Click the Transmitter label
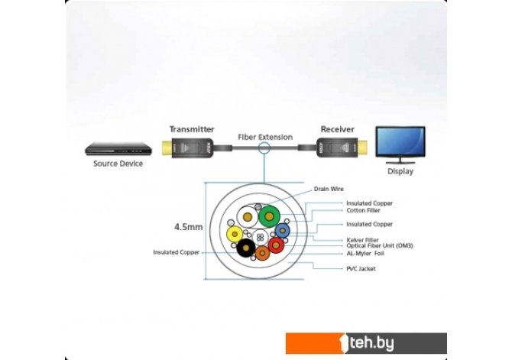coord(191,129)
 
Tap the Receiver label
coord(337,129)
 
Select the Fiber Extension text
coord(265,137)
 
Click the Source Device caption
coord(118,164)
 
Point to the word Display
coord(400,171)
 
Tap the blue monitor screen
coord(400,143)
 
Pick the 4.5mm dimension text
coord(187,227)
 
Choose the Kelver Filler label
coord(363,239)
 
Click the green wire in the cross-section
coord(268,217)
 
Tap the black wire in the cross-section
coord(246,248)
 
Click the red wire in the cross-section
coord(276,245)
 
